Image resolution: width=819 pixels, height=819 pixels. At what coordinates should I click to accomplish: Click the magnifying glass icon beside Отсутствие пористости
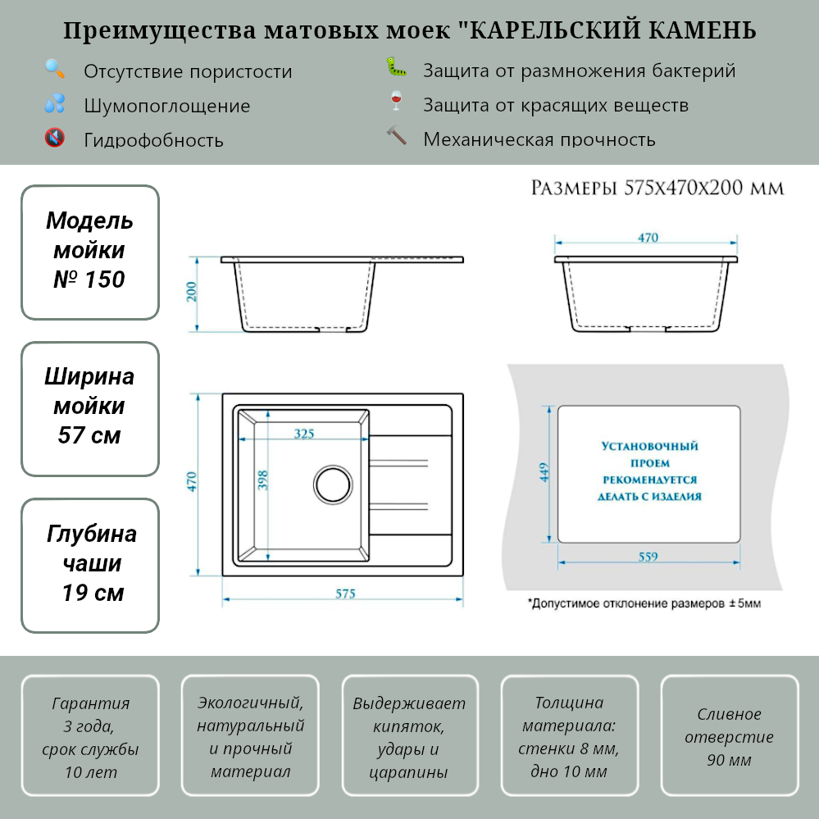click(x=55, y=69)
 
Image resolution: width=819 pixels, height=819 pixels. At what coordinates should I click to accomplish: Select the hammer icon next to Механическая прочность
click(x=397, y=136)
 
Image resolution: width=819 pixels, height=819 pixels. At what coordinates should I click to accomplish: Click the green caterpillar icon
click(x=397, y=67)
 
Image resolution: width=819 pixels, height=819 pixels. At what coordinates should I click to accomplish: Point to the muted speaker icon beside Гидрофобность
click(x=55, y=138)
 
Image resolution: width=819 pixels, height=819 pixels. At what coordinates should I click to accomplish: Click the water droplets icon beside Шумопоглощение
click(x=55, y=103)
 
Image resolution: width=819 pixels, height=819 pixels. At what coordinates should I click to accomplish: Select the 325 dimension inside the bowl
click(x=303, y=435)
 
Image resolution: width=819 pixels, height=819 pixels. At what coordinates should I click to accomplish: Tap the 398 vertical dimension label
click(x=263, y=480)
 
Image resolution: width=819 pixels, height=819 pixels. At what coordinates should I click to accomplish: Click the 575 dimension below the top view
click(x=345, y=594)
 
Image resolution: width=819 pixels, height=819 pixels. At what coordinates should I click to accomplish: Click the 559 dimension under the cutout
click(x=648, y=557)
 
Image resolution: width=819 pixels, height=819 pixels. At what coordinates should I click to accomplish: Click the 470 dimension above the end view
click(x=648, y=238)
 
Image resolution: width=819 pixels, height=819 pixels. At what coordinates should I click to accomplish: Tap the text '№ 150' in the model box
click(x=89, y=280)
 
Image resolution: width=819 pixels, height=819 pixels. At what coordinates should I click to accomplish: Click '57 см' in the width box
click(x=89, y=435)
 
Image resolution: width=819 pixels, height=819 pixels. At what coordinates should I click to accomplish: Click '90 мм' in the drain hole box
click(x=729, y=760)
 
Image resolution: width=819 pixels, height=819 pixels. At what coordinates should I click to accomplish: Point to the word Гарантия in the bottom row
click(x=90, y=703)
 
